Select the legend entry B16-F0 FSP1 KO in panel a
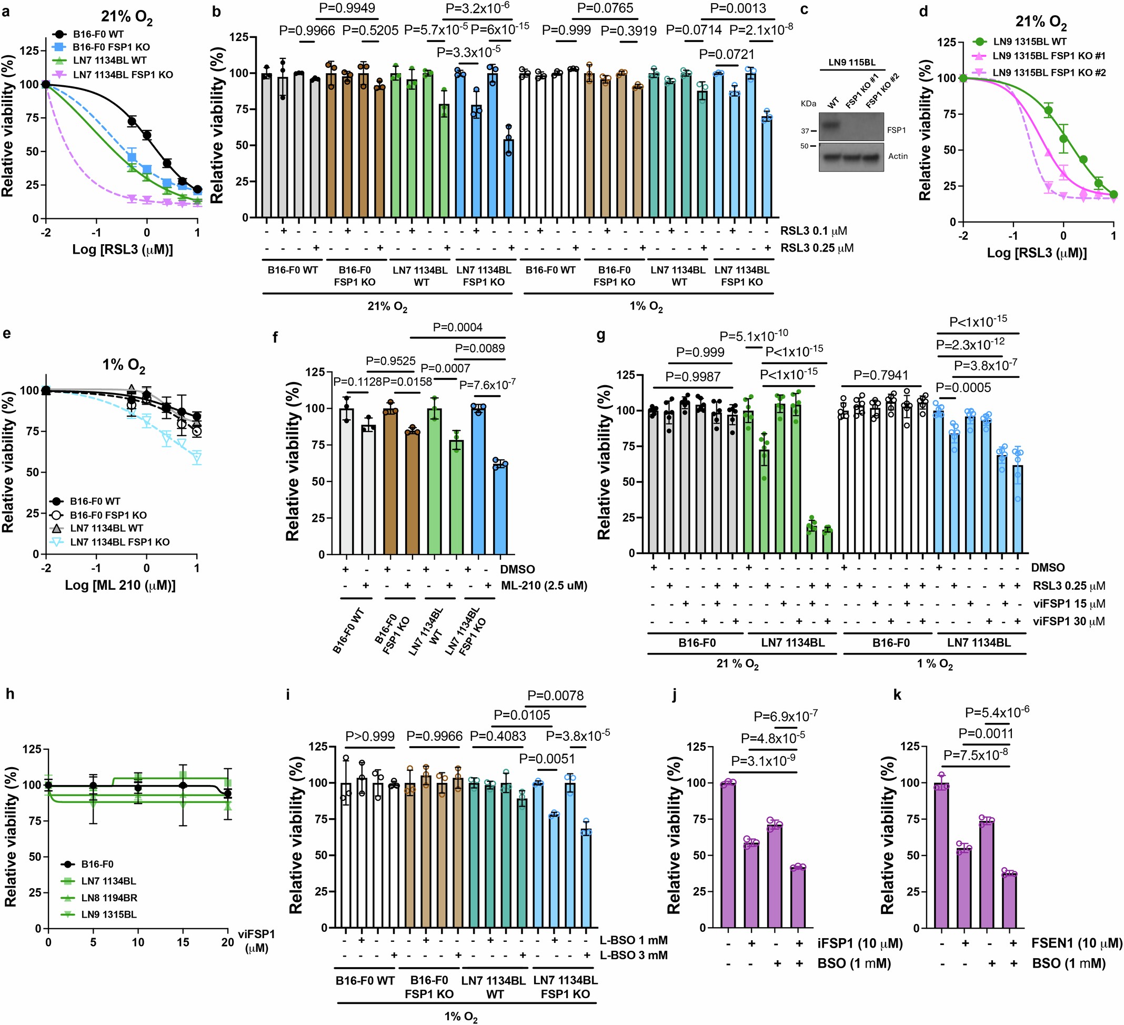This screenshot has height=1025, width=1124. [111, 47]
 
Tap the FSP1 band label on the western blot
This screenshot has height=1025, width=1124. [897, 130]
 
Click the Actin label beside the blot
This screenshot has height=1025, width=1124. [898, 156]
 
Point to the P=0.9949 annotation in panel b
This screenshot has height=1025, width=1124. [347, 8]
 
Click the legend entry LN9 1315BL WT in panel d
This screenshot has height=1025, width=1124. [1029, 41]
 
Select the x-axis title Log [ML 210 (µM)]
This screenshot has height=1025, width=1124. [120, 585]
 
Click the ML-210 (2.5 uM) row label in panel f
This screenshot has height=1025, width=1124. [544, 585]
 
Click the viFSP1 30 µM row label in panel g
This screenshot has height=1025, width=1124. [1068, 621]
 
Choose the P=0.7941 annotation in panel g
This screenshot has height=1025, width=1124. [880, 375]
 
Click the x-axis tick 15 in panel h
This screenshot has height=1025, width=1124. [183, 942]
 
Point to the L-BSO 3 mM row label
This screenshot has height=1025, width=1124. [634, 956]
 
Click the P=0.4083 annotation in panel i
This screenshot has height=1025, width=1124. [498, 736]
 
